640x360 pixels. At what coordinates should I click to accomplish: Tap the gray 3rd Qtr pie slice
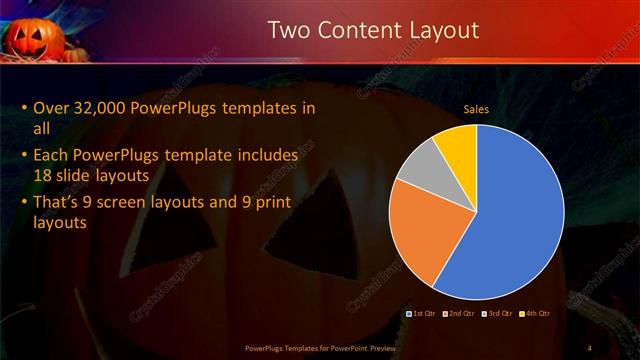[x=422, y=164]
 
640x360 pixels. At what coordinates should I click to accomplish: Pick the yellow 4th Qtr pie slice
[x=458, y=143]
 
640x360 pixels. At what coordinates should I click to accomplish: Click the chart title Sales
[x=475, y=109]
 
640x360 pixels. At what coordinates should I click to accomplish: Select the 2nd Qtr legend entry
[x=458, y=314]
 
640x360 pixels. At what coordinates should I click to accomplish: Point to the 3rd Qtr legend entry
[x=498, y=314]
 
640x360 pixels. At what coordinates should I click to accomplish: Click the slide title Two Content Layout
[x=373, y=31]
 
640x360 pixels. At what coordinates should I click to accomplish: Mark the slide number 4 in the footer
[x=589, y=347]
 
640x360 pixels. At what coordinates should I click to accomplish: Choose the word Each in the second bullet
[x=51, y=156]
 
